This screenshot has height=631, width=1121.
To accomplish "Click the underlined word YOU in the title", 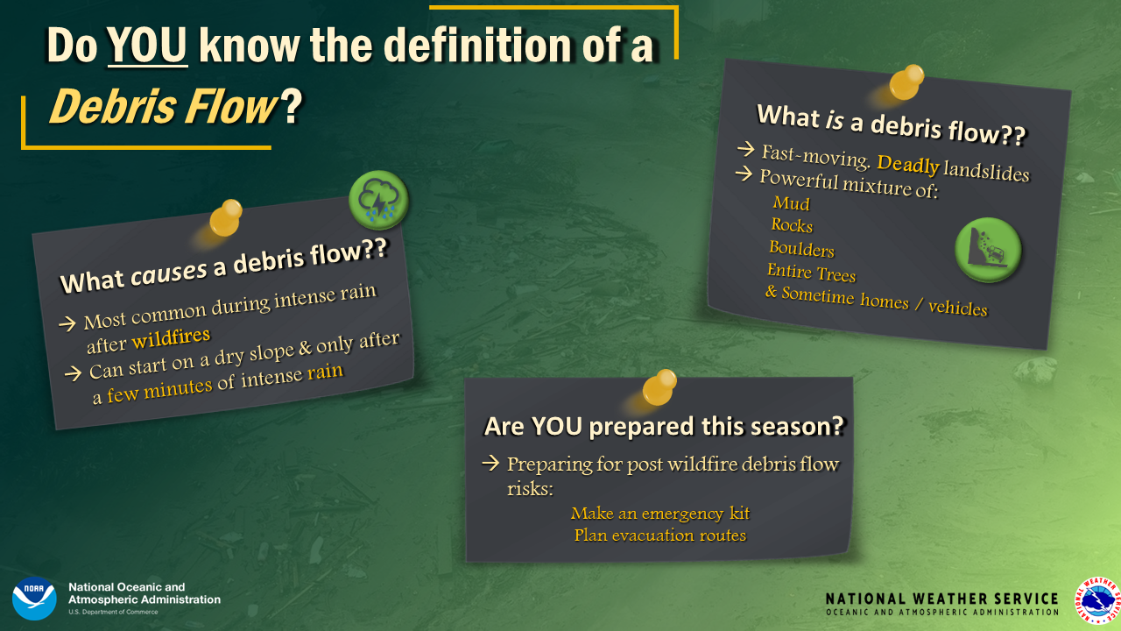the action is (147, 46).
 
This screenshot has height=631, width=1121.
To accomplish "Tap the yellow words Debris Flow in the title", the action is (163, 106).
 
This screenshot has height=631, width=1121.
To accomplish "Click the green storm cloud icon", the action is (378, 200).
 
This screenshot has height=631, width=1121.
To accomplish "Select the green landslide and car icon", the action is (988, 250).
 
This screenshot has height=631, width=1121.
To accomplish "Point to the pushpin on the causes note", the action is (225, 218).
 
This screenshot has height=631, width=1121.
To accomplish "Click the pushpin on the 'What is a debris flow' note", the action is (906, 82).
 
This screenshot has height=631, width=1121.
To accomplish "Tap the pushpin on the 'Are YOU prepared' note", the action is (659, 387).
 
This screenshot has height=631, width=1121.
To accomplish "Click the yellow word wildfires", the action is (171, 338).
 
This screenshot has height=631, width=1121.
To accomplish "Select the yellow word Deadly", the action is (908, 164).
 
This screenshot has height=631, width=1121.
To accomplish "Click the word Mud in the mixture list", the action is (791, 202).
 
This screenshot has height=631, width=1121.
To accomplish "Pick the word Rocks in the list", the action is (792, 225).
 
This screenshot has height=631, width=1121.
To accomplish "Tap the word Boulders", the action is (801, 248).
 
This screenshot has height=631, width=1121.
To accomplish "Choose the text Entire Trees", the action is (811, 273).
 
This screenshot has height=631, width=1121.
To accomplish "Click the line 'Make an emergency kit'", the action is (660, 514).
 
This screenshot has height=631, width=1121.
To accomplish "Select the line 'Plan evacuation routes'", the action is (660, 535).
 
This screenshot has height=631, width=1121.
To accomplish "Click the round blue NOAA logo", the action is (34, 599).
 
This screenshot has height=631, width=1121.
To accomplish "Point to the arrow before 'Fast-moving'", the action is (745, 149).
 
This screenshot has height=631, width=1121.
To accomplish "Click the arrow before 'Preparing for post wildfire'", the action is (491, 463).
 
